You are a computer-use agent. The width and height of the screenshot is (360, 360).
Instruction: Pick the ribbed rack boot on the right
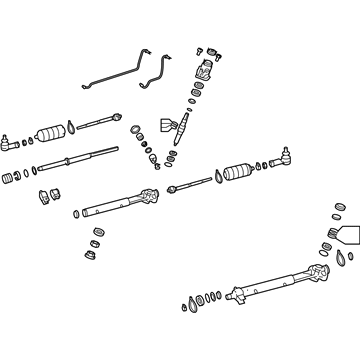tap(236, 170)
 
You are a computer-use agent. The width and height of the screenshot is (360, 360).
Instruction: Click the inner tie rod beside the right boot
tap(187, 183)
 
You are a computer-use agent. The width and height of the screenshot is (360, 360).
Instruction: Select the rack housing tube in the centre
tap(120, 202)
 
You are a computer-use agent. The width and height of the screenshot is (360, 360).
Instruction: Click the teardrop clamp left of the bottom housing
tap(191, 303)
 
